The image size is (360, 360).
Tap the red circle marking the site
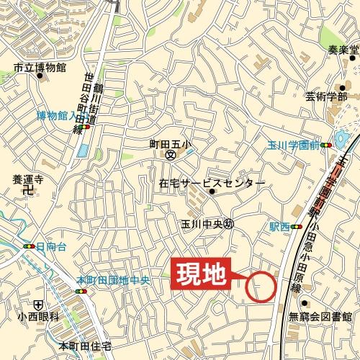[x=261, y=287]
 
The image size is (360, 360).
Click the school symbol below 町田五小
[x=171, y=155]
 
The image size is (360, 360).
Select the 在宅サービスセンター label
[x=211, y=184]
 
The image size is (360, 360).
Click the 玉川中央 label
[x=199, y=224]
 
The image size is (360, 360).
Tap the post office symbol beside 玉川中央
[x=229, y=224]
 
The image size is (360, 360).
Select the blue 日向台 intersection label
[x=50, y=246]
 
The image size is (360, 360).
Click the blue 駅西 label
[x=280, y=226]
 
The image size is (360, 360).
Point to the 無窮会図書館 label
[x=320, y=316]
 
